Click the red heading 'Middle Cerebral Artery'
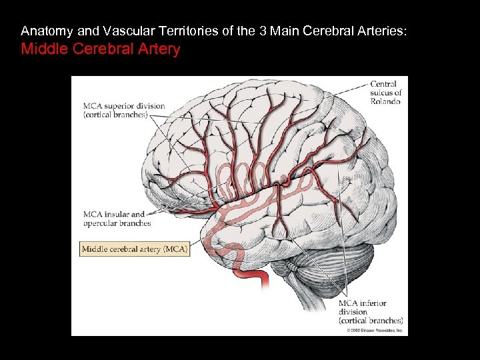[101, 49]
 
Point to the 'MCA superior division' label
[124, 107]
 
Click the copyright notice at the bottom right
[375, 330]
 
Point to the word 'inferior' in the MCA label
[372, 303]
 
